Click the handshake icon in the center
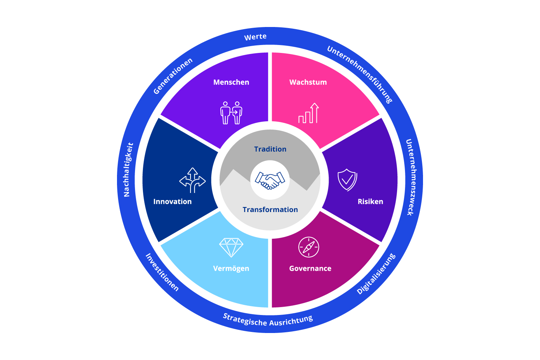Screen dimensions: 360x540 point(270,180)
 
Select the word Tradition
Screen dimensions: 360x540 point(270,149)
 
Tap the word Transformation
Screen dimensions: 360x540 point(270,210)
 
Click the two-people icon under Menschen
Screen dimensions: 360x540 point(231,113)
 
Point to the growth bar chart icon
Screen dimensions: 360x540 point(309,113)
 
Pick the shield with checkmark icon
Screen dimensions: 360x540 point(347,180)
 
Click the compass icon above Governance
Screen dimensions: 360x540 point(309,247)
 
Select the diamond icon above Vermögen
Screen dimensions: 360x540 point(231,247)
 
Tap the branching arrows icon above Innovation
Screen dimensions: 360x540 point(193,180)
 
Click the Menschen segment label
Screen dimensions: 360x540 point(231,82)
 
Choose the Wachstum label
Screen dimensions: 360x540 point(308,82)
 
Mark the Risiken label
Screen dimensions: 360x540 point(370,202)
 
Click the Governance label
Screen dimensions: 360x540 point(310,268)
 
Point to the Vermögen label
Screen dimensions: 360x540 point(231,269)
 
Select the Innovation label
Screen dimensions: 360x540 point(172,202)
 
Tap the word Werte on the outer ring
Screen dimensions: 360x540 point(255,37)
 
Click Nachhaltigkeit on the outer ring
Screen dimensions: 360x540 point(128,170)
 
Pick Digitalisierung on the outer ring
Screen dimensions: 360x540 point(376,274)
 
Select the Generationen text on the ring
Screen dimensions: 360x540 point(173,76)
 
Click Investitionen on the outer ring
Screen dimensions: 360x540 point(162,272)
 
